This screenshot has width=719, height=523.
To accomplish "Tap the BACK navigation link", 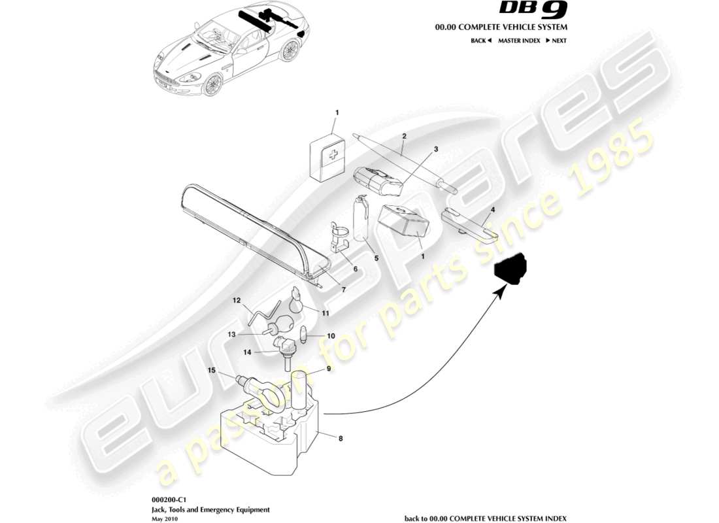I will (x=480, y=41).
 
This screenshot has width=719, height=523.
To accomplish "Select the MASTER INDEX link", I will (x=519, y=41).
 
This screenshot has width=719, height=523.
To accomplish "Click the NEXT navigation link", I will (x=556, y=41).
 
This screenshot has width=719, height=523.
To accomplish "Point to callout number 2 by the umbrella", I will (x=405, y=136).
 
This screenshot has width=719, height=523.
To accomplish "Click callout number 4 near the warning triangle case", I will (x=493, y=210).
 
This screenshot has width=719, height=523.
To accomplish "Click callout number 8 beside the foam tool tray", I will (x=341, y=440).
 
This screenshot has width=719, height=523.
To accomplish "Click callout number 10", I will (x=331, y=336).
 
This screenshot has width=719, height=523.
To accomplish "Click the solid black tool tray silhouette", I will (x=510, y=270).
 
